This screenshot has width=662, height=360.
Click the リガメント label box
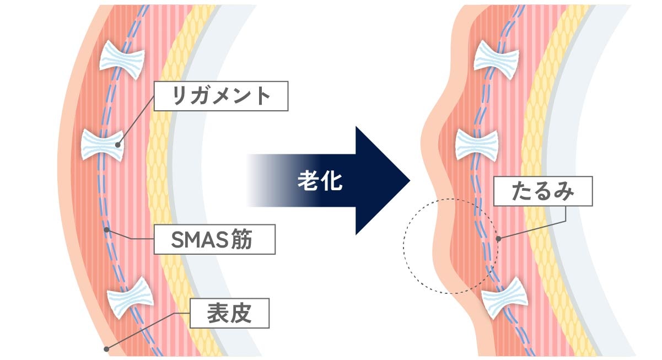[220, 96]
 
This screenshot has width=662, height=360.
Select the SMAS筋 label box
[214, 239]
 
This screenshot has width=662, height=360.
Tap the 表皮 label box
[229, 313]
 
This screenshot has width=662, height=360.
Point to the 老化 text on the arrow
[320, 181]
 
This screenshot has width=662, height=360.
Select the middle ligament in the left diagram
[103, 144]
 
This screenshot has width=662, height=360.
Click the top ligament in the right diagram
[493, 57]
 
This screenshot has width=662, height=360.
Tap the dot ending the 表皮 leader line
[106, 349]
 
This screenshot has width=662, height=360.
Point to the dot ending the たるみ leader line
[498, 239]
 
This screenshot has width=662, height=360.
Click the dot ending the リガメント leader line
[117, 144]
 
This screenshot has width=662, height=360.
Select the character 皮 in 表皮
[241, 313]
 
